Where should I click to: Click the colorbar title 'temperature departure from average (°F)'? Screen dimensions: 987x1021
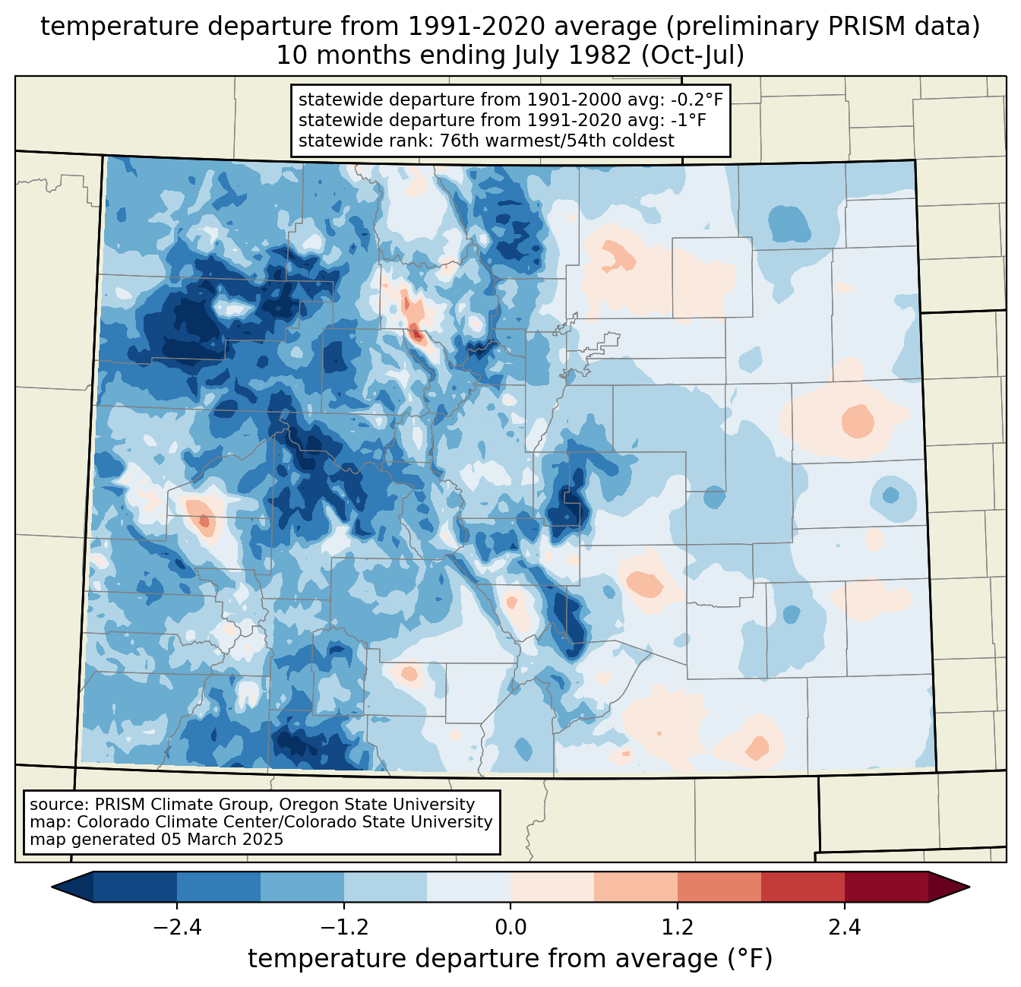point(510,959)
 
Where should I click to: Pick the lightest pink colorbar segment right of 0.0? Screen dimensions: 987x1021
point(552,887)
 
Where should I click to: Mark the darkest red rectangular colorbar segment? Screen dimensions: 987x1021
point(886,887)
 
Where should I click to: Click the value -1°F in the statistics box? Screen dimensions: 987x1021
point(689,120)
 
